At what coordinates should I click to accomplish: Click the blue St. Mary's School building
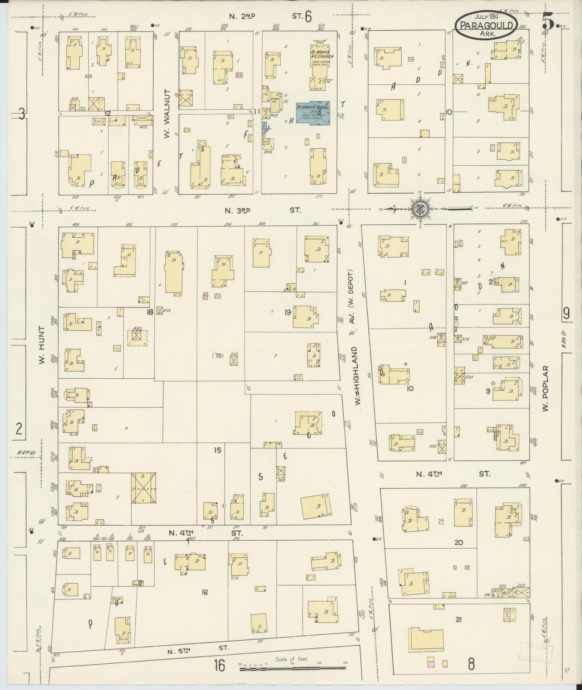(x=313, y=112)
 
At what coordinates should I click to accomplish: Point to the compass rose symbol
(x=420, y=208)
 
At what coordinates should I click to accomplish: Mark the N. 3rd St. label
(x=262, y=210)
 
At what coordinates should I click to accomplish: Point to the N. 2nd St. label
(x=271, y=16)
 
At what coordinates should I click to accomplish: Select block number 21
(x=459, y=620)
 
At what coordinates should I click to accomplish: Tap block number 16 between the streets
(x=205, y=592)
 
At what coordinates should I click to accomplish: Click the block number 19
(x=288, y=312)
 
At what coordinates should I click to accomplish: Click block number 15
(x=217, y=450)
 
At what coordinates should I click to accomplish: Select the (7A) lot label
(x=218, y=355)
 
